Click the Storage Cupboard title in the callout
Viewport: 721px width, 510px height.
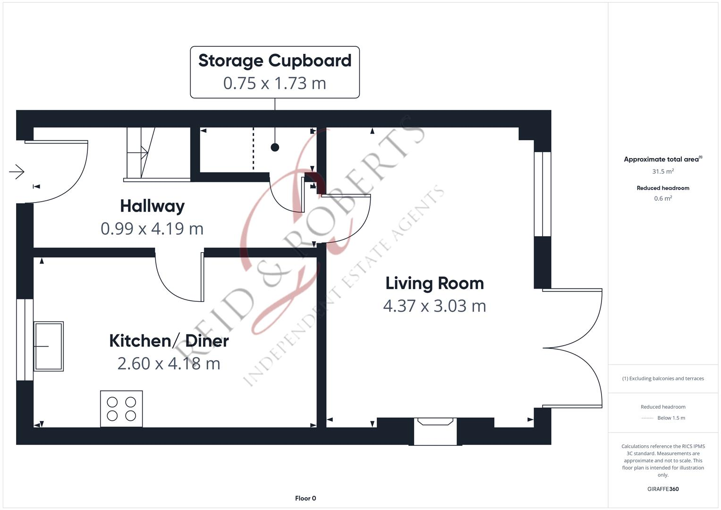[x=275, y=61]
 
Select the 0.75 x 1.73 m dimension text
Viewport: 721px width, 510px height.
[x=275, y=83]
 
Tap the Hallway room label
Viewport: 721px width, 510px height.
[x=152, y=206]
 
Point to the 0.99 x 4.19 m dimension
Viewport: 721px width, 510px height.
[x=152, y=229]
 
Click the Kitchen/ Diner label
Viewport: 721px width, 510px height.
[x=169, y=341]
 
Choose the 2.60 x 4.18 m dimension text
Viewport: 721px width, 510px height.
[x=169, y=364]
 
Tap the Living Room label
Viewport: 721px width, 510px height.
[x=434, y=283]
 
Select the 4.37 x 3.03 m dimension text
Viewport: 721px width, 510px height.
[x=434, y=306]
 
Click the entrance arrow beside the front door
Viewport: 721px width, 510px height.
[x=17, y=171]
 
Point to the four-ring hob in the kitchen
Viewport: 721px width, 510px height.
[x=121, y=409]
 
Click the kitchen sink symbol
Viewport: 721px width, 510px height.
[x=48, y=346]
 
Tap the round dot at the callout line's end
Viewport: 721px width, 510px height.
[x=275, y=147]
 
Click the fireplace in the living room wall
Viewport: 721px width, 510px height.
[x=435, y=431]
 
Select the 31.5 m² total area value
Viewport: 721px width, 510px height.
[x=663, y=171]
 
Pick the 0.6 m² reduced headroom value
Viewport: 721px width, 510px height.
[x=663, y=198]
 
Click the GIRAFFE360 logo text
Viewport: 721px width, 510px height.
[x=663, y=489]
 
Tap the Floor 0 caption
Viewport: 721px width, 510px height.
[x=305, y=498]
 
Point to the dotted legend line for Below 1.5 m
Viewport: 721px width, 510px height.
[x=647, y=418]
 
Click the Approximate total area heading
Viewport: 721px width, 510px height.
[x=662, y=160]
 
